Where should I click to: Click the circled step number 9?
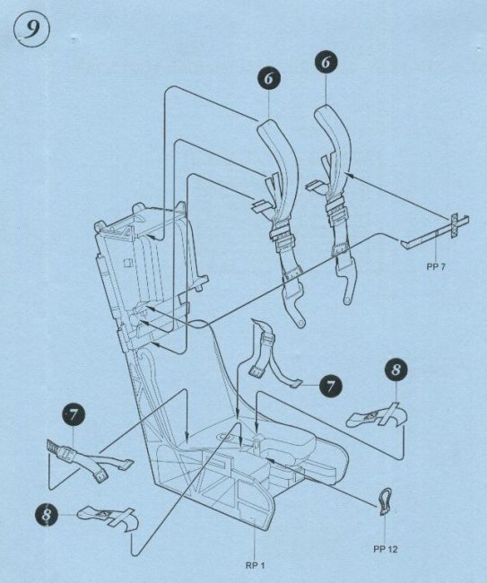pyautogui.click(x=31, y=30)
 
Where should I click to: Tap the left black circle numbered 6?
pyautogui.click(x=269, y=78)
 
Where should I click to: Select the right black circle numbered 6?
pyautogui.click(x=326, y=62)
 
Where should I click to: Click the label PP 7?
pyautogui.click(x=435, y=266)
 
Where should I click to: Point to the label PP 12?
pyautogui.click(x=386, y=549)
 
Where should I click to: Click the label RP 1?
pyautogui.click(x=255, y=566)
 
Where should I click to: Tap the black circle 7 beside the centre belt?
pyautogui.click(x=330, y=386)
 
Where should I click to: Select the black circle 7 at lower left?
pyautogui.click(x=73, y=415)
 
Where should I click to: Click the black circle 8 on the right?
pyautogui.click(x=396, y=370)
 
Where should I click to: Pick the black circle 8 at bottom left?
pyautogui.click(x=48, y=516)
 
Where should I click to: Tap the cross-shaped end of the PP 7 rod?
pyautogui.click(x=455, y=225)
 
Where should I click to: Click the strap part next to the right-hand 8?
pyautogui.click(x=376, y=415)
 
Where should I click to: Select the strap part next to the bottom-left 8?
pyautogui.click(x=109, y=518)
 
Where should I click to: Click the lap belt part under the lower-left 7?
pyautogui.click(x=89, y=459)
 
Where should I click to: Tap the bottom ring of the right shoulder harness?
pyautogui.click(x=347, y=300)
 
